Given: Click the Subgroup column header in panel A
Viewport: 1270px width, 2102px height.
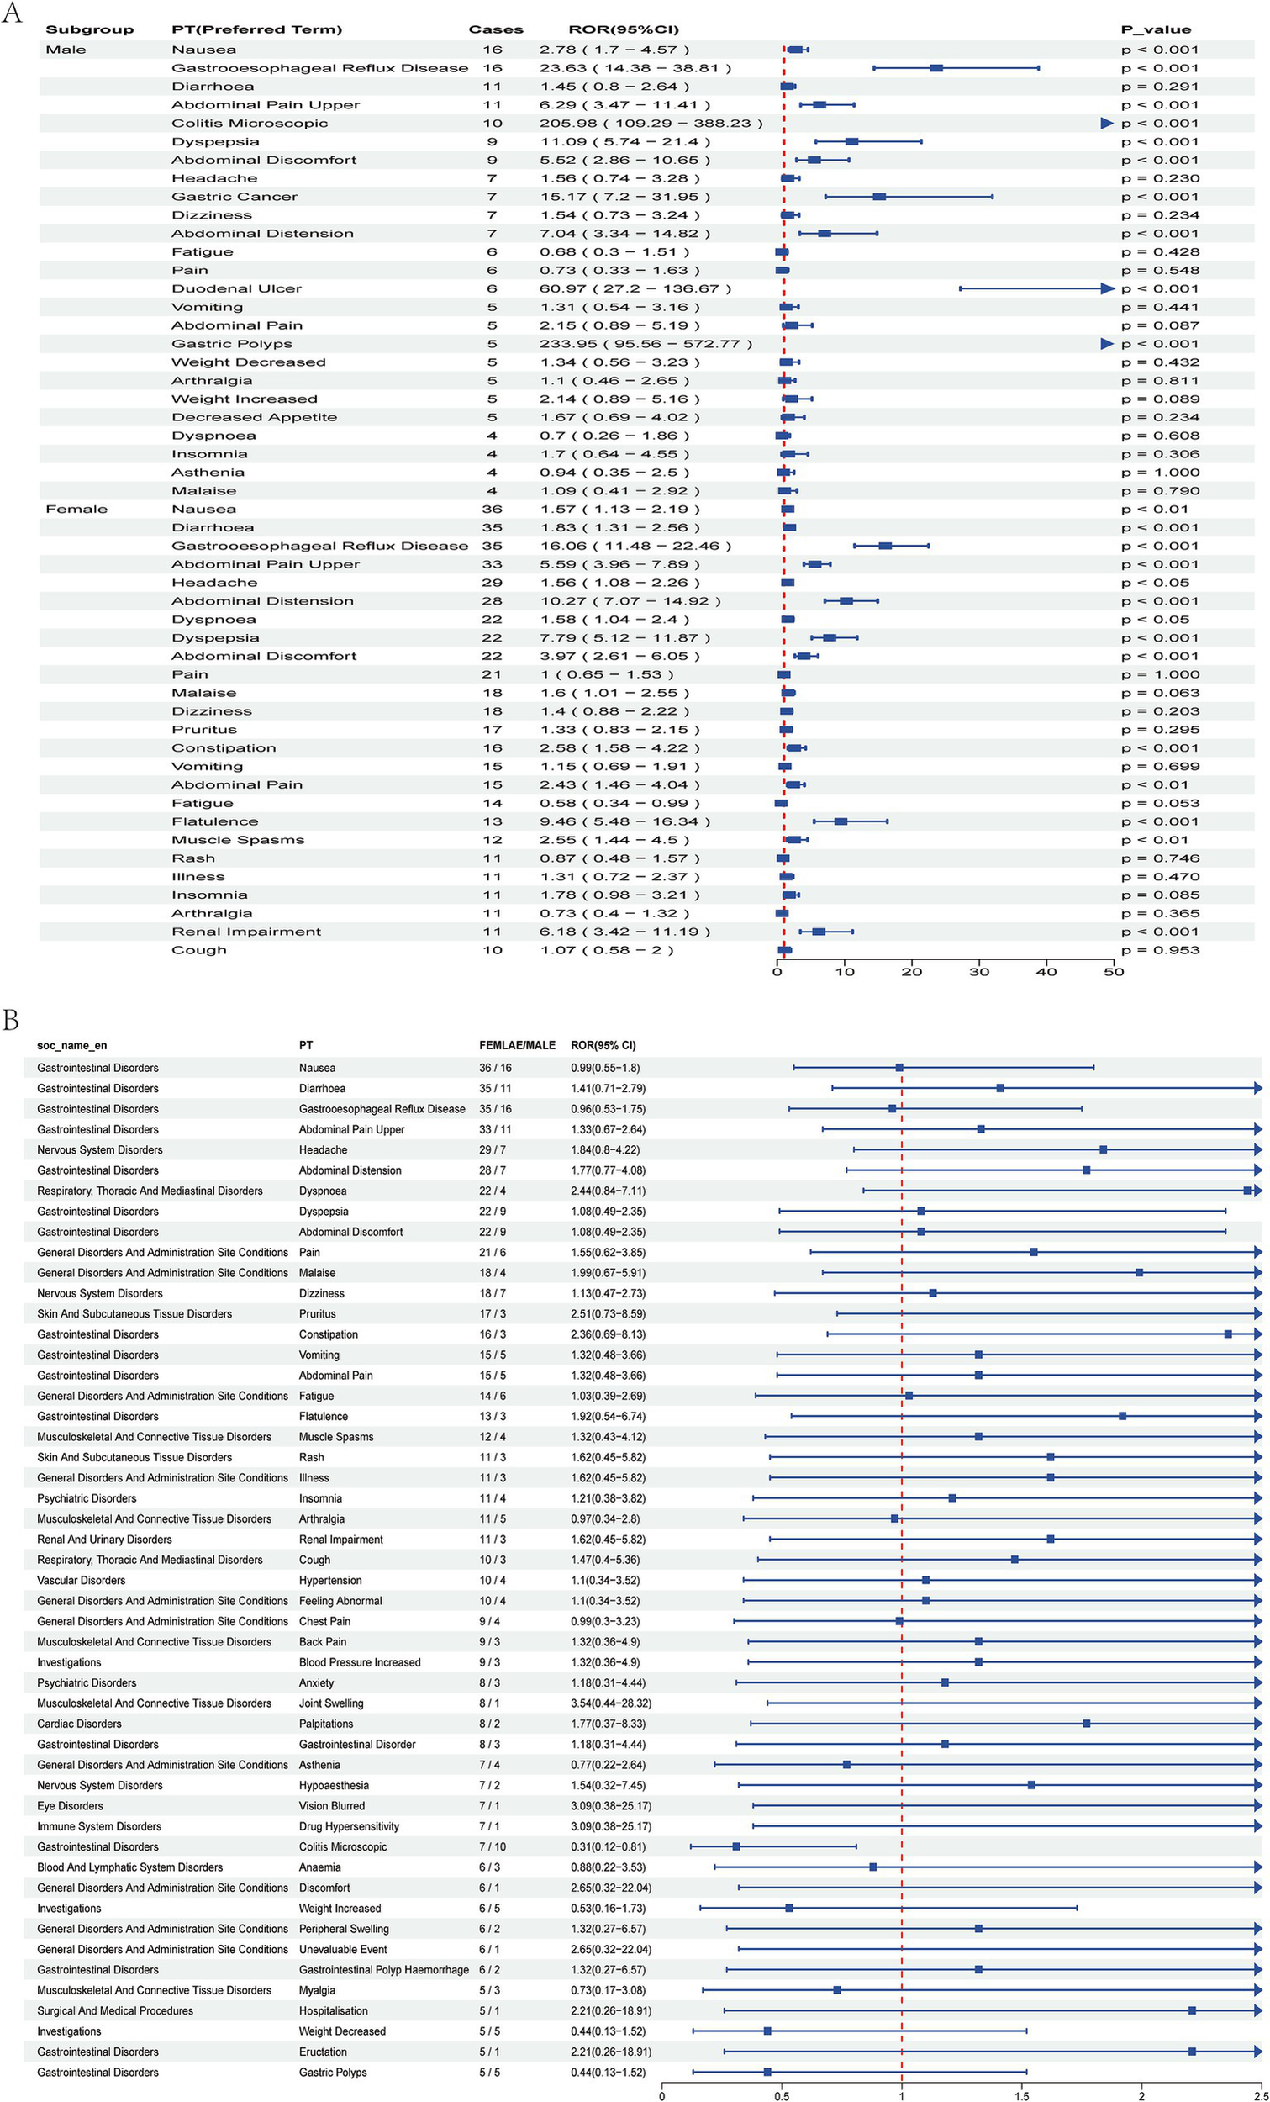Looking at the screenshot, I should tap(90, 30).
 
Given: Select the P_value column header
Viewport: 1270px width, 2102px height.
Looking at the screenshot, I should tap(1156, 30).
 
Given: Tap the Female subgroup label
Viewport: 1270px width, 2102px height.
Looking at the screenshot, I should tap(76, 510).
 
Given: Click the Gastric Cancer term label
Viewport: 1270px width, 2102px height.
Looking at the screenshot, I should tap(235, 197).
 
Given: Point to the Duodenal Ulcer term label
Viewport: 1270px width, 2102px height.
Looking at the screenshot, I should tap(236, 289).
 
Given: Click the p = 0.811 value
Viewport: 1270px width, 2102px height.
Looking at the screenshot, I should tap(1160, 382).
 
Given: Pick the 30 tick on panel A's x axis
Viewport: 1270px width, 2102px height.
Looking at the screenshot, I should tap(979, 972).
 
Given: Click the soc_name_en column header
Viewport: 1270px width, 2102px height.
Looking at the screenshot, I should tap(71, 1045).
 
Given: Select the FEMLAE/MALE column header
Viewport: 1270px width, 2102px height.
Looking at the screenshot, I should tap(517, 1045).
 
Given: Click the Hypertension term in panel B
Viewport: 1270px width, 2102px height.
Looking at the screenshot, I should tap(330, 1581).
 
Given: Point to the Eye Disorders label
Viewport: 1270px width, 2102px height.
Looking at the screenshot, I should tap(70, 1806).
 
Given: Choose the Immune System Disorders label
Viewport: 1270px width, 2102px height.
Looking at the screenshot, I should tap(99, 1826).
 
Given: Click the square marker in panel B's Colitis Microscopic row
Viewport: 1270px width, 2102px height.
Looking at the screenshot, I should tap(736, 1847).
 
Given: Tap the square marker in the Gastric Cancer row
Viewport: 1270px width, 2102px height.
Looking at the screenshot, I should tap(879, 197).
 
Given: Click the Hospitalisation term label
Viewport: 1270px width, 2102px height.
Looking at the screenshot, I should tap(334, 2010).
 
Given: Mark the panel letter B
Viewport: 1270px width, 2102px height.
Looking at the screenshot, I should tap(10, 1020).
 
